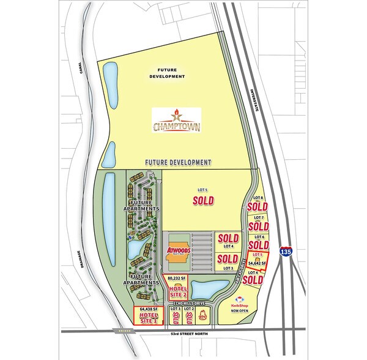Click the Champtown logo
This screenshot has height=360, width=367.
click(x=177, y=121)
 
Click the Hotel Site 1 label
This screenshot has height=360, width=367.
click(x=149, y=317)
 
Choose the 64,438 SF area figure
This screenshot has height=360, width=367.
click(x=150, y=309)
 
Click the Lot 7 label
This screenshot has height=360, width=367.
click(x=258, y=217)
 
